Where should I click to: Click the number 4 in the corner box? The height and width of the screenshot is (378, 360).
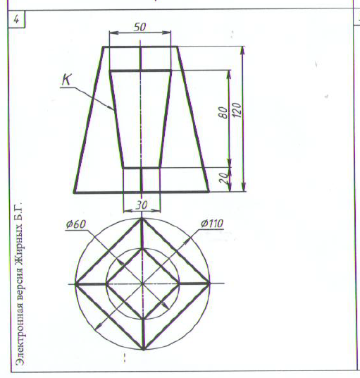(x=16, y=19)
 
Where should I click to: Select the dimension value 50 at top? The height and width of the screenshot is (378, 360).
(x=140, y=27)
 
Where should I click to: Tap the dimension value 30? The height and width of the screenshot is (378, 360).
(x=142, y=205)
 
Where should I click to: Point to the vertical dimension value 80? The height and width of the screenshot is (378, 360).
(x=223, y=113)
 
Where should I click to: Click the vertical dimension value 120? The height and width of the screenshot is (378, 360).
(x=237, y=110)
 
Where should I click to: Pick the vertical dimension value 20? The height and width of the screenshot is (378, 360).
(x=224, y=178)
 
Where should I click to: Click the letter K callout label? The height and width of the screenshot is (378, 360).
(x=66, y=79)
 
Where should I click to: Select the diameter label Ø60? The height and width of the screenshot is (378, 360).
(x=75, y=224)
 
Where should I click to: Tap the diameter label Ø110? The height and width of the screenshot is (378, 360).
(x=212, y=224)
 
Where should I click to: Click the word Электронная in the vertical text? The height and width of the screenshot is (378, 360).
(x=20, y=329)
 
